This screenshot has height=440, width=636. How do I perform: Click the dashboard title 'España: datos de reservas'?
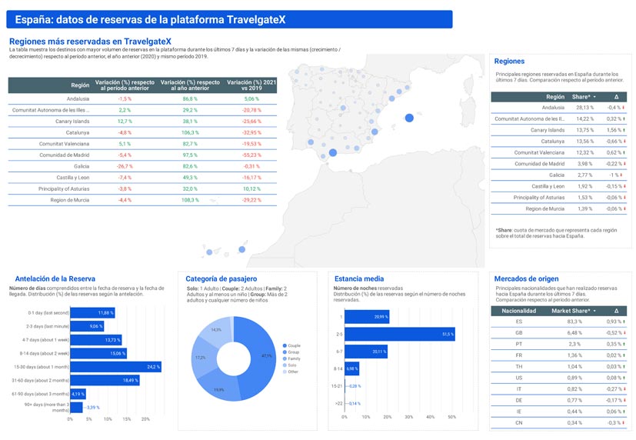point(146,19)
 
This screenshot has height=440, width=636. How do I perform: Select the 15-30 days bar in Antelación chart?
point(115,366)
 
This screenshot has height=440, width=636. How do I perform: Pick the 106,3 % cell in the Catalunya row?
point(190,132)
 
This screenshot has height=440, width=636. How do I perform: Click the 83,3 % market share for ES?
point(574,322)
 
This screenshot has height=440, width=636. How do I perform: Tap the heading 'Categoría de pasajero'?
point(221,278)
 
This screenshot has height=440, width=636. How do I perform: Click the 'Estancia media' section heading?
point(358,278)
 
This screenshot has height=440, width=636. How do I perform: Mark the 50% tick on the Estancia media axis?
point(451,418)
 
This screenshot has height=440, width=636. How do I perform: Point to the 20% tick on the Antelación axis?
point(145,419)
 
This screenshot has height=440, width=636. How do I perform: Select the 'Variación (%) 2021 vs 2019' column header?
point(251,85)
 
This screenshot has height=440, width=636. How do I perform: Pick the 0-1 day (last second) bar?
point(92,312)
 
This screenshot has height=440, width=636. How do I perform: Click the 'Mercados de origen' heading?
point(527,278)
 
